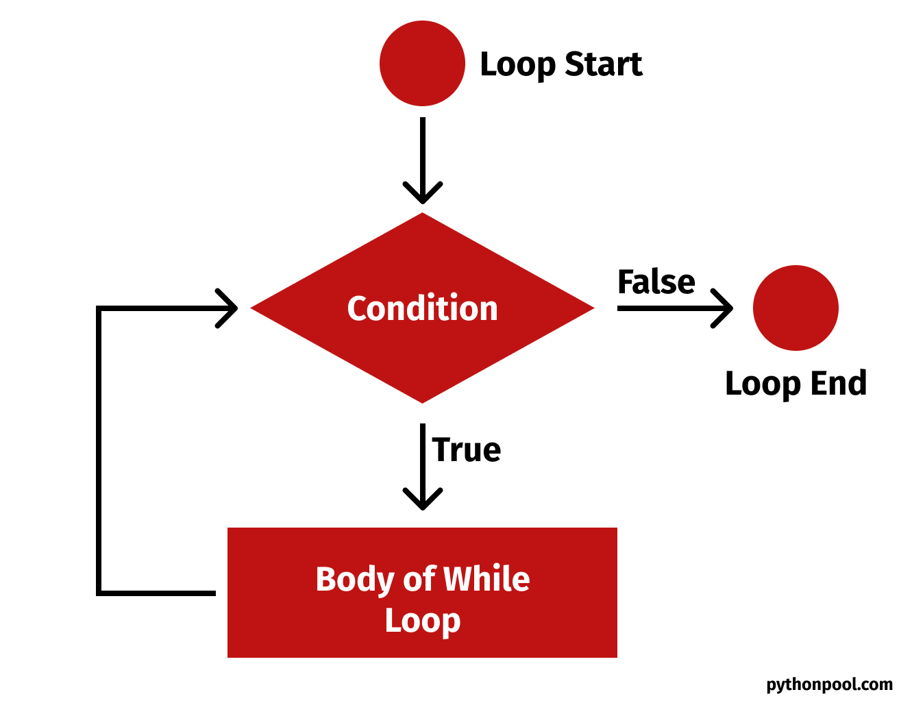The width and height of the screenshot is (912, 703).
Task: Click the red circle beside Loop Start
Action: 422,64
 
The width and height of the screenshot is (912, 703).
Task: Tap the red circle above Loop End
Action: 795,308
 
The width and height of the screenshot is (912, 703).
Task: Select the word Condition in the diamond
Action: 422,308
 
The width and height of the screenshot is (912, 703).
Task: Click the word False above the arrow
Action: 656,282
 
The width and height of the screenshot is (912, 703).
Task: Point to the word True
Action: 467,450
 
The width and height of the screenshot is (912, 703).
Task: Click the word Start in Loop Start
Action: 603,64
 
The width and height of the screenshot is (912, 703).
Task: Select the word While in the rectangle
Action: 486,579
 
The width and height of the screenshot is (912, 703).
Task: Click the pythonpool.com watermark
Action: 829,684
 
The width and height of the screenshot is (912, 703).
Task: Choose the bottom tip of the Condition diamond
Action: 423,402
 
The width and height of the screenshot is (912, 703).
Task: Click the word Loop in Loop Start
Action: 517,65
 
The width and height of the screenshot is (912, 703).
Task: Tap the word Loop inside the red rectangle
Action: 422,621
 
